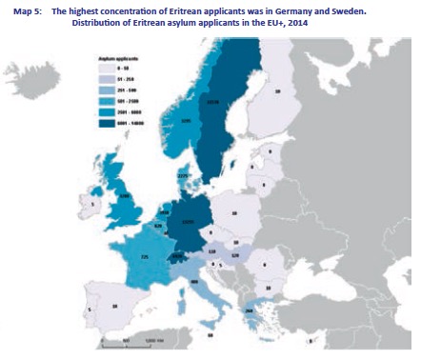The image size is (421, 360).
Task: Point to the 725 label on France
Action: (145, 257)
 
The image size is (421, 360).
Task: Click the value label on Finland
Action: (277, 91)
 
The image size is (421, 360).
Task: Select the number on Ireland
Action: (93, 202)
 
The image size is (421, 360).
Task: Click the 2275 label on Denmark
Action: (183, 174)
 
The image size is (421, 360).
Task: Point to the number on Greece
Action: (251, 310)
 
